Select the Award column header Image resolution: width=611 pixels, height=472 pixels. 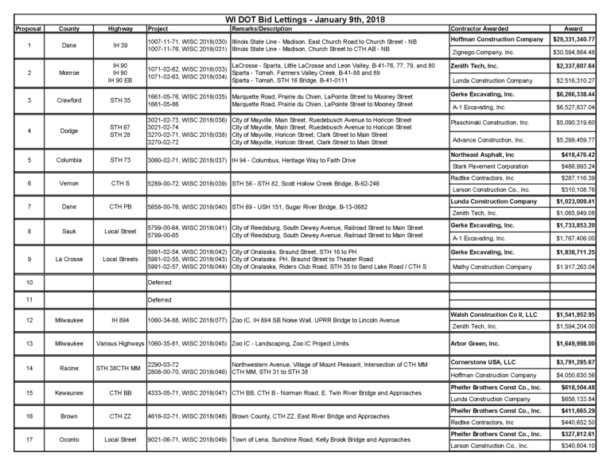coord(573,29)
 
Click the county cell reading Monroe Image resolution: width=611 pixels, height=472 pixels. coord(69,72)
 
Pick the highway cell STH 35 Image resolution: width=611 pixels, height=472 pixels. coord(120,101)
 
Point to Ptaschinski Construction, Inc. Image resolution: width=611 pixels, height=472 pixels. coord(490,123)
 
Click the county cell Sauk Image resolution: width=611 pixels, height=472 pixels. coord(69,232)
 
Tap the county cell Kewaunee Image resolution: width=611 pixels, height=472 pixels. coord(69,393)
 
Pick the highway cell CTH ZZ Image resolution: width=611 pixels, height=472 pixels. coord(120,415)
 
